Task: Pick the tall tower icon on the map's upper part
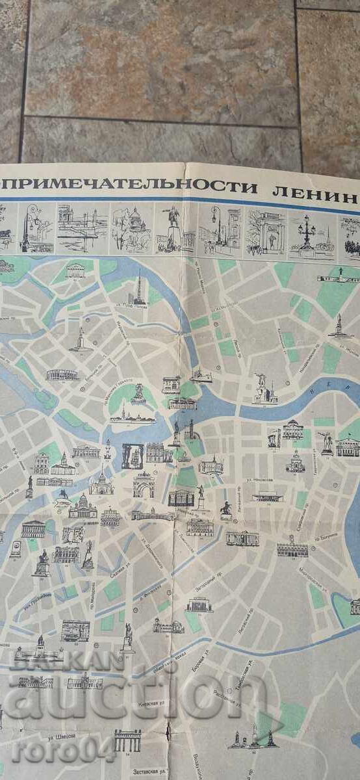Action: click(x=138, y=289)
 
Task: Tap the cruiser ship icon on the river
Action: click(x=199, y=376)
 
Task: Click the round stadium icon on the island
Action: click(x=62, y=375)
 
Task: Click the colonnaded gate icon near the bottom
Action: click(x=127, y=739)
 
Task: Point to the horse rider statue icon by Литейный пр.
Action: click(x=225, y=510)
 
